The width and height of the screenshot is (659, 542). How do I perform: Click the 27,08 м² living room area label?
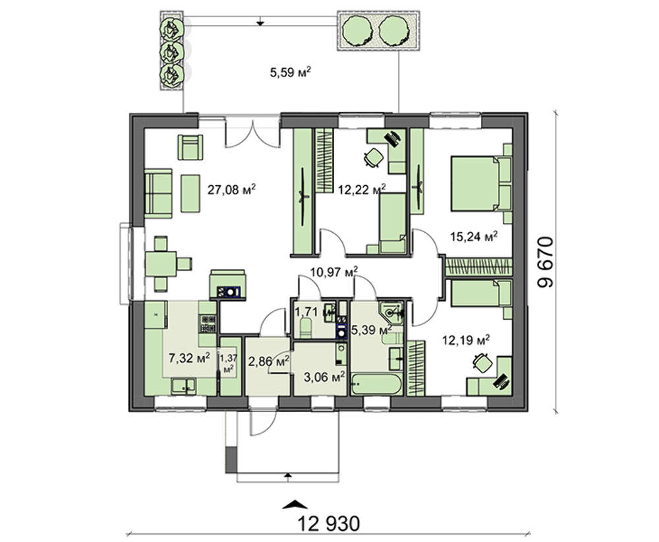tap(231, 190)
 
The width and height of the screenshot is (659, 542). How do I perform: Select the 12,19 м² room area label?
tap(466, 340)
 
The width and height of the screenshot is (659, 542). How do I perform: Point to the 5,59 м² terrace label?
tap(291, 73)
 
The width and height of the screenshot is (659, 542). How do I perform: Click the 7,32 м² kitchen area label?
tap(189, 358)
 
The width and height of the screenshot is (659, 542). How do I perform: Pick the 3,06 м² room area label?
tap(324, 376)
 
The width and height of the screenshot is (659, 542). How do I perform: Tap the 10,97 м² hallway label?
tap(334, 272)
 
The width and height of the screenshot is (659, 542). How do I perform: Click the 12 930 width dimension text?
tap(329, 524)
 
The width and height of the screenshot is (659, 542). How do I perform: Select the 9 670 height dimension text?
tap(546, 262)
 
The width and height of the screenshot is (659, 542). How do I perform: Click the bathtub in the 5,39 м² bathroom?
tap(377, 384)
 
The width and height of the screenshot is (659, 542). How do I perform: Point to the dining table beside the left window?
tap(161, 264)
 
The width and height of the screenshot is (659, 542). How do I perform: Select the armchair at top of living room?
tap(190, 147)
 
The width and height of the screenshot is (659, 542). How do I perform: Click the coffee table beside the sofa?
tap(190, 193)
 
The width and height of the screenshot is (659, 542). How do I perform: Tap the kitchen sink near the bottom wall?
tap(183, 386)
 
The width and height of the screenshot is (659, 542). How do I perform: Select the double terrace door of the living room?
tap(252, 133)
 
